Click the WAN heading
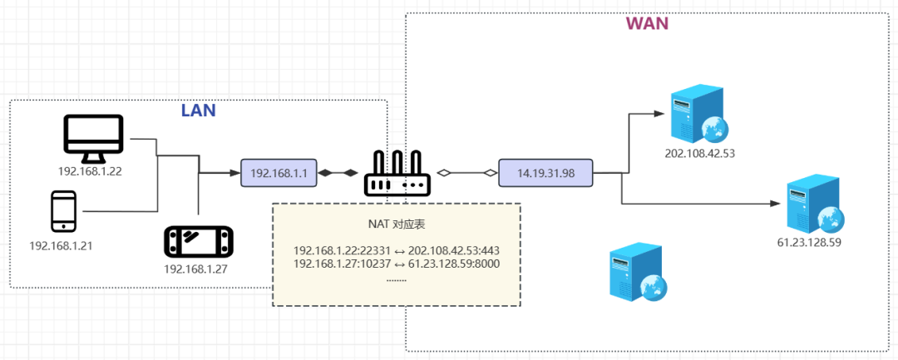(x=647, y=23)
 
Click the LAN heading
(x=199, y=111)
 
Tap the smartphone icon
(x=64, y=211)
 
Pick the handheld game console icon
(x=199, y=241)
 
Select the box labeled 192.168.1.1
(x=279, y=173)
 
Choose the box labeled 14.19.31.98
(x=545, y=173)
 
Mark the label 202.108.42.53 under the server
(x=700, y=154)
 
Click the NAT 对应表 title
(x=396, y=224)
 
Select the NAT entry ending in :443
(x=396, y=250)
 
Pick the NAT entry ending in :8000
(x=396, y=264)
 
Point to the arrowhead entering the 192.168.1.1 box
(x=234, y=173)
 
